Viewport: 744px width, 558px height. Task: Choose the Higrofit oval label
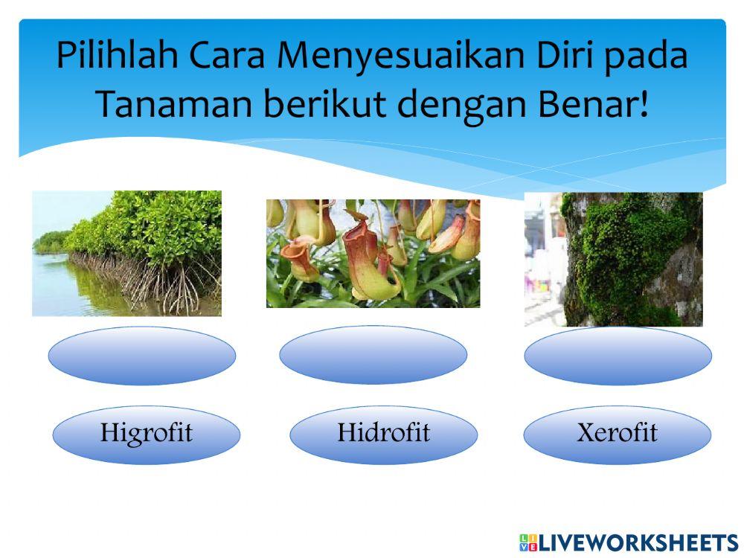146,434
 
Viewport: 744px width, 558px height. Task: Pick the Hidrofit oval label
383,434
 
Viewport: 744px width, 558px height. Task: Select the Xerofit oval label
617,434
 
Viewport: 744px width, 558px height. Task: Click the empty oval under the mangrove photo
142,356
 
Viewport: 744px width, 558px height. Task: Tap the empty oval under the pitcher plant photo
373,355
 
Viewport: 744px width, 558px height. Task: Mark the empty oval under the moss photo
617,356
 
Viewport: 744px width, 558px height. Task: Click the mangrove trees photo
126,253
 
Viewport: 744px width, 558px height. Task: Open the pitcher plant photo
373,253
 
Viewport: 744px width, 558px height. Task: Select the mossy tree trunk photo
613,259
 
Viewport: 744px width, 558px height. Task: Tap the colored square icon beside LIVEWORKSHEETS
527,542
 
